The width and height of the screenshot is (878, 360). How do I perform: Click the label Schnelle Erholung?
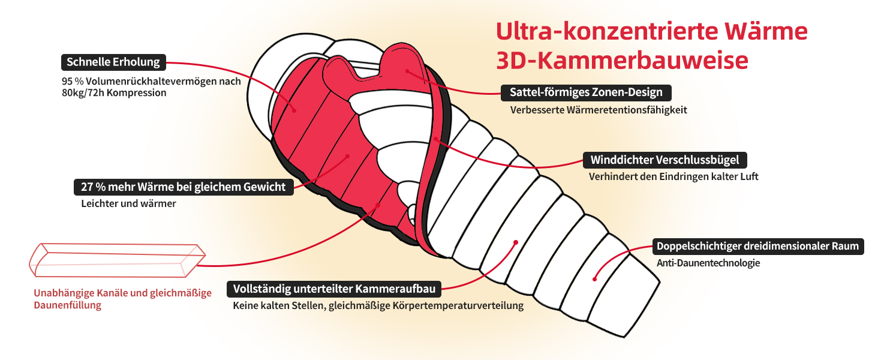(113, 62)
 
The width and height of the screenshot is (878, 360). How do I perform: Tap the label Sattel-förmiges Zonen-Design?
(586, 92)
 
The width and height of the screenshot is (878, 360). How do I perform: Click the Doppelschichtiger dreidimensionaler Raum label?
(757, 246)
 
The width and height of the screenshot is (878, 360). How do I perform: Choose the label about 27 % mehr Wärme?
(184, 187)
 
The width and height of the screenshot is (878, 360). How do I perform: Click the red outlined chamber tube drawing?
(114, 260)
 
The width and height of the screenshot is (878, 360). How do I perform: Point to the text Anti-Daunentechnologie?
(700, 263)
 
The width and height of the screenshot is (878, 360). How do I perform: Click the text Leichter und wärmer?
(128, 203)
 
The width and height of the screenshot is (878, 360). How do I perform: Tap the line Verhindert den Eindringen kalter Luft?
(673, 177)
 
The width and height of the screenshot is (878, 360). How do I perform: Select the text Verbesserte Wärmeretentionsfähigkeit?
(599, 110)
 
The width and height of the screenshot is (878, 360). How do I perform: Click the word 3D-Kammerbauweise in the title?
(623, 60)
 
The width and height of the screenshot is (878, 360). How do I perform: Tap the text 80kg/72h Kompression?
(114, 93)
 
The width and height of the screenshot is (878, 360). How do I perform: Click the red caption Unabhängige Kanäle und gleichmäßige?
(123, 293)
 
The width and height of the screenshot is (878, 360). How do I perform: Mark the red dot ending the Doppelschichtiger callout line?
(594, 278)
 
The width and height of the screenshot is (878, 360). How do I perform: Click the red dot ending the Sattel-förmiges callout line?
(407, 71)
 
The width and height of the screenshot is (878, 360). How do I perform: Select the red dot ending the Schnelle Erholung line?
(294, 110)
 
